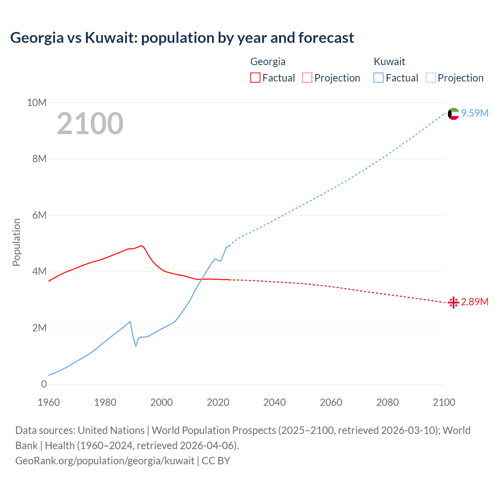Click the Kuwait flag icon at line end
[453, 114]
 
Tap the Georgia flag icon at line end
[453, 303]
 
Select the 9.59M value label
[475, 113]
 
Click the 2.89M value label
[475, 302]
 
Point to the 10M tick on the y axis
[37, 103]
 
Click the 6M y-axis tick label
[39, 216]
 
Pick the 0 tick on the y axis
[44, 384]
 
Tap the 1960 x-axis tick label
[49, 402]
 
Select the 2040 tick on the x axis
[274, 402]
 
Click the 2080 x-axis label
[388, 402]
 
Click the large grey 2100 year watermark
[90, 124]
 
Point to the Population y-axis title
[16, 242]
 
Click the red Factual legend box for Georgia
[255, 78]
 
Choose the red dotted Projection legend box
[307, 78]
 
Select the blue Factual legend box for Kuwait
[379, 78]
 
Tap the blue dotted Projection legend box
[430, 78]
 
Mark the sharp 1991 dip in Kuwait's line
[136, 346]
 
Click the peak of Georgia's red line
[142, 246]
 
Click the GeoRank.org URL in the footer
[104, 461]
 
